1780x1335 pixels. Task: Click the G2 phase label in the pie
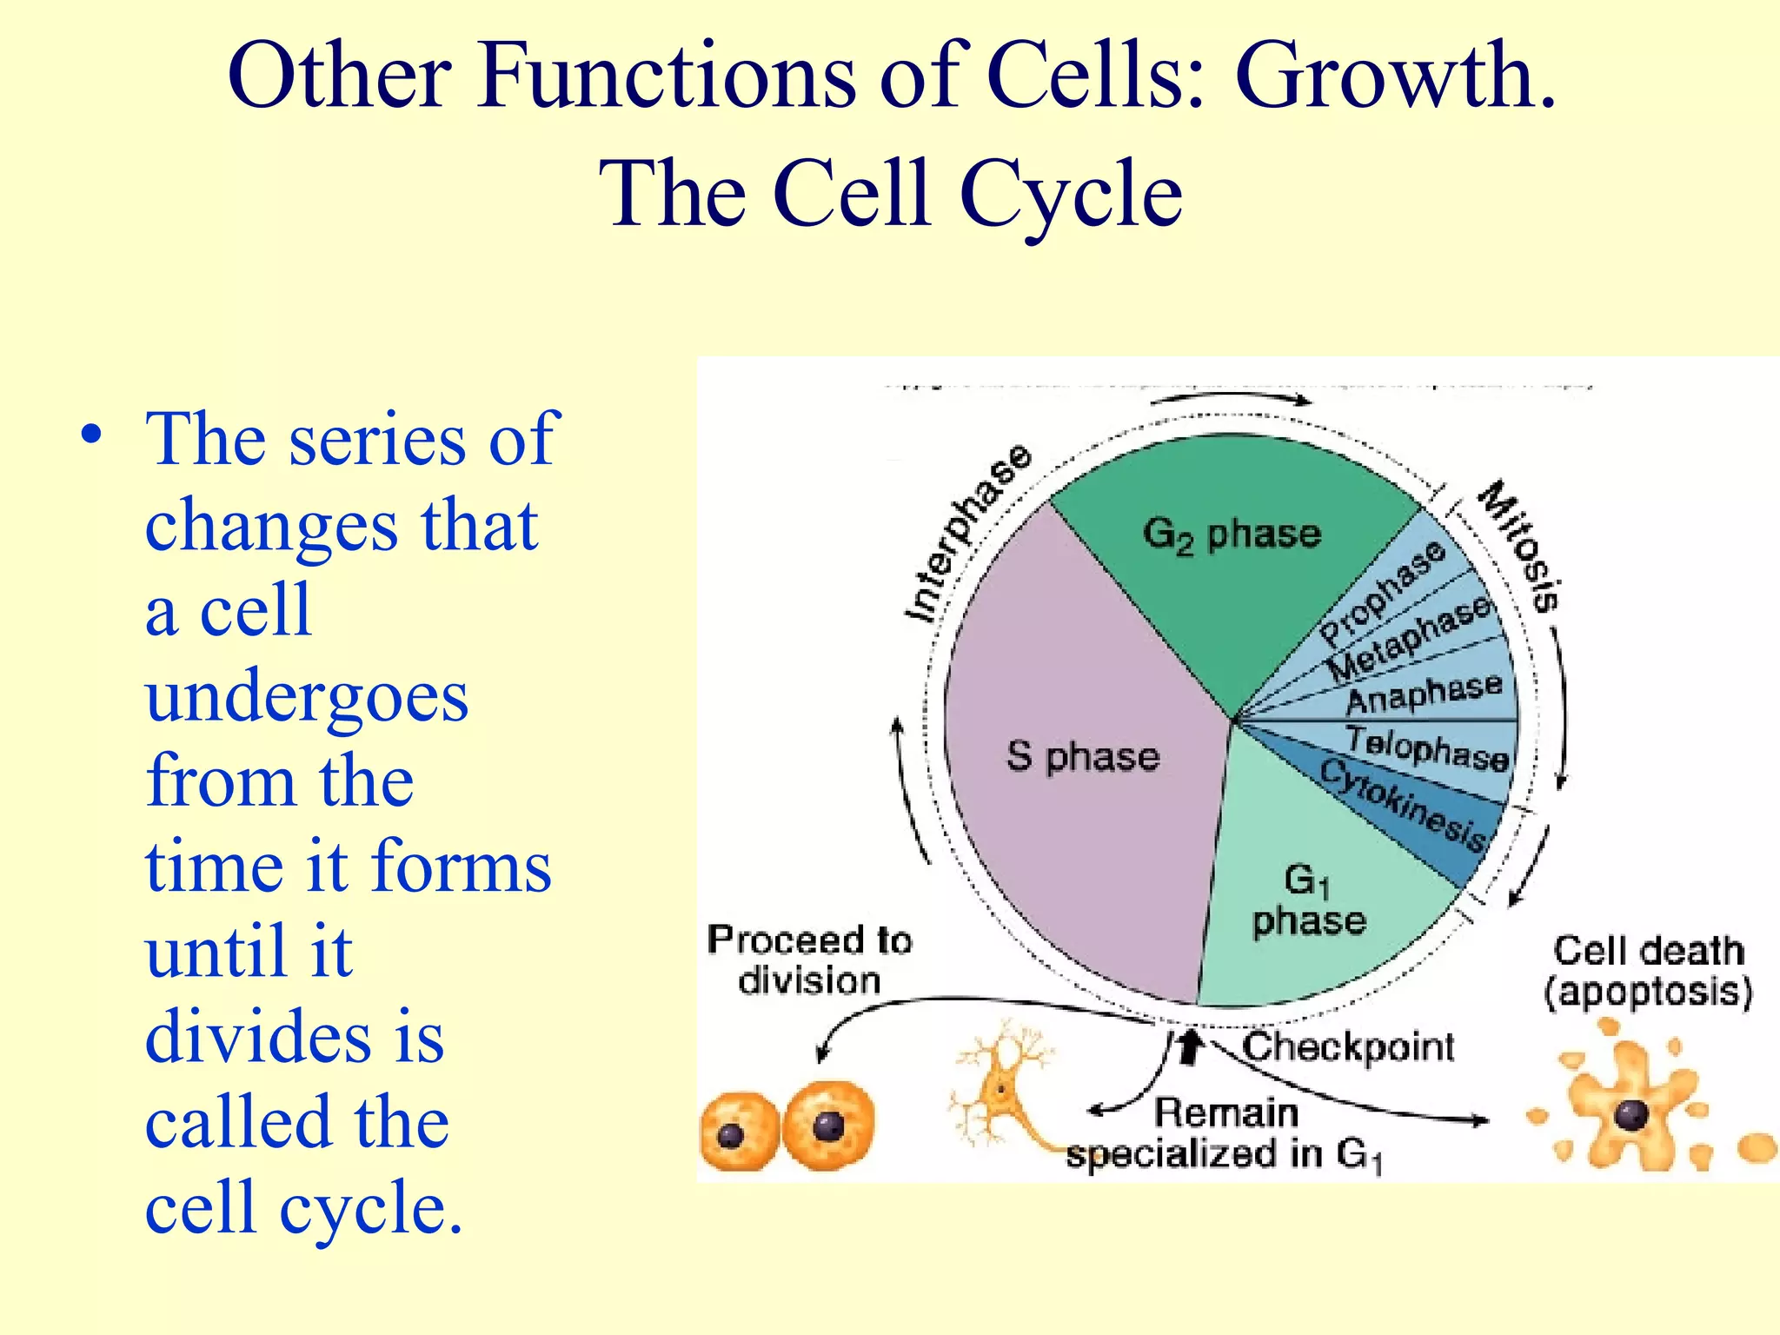(1232, 534)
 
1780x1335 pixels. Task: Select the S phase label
(1083, 756)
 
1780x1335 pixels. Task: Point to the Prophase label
(1383, 591)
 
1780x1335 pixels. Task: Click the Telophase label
(1428, 749)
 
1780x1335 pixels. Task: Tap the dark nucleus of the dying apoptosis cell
(1631, 1113)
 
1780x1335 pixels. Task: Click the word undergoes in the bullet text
(307, 696)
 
